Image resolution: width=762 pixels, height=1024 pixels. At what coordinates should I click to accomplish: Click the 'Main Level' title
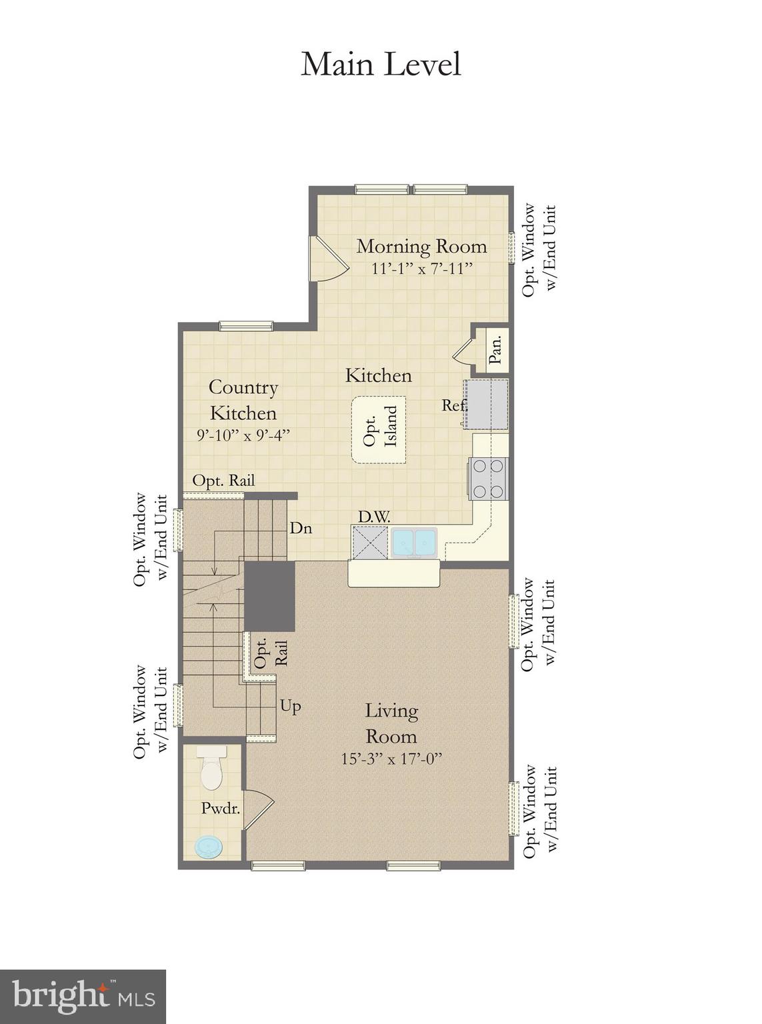tap(381, 65)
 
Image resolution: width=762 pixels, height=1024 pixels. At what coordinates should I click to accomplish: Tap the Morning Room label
tap(421, 246)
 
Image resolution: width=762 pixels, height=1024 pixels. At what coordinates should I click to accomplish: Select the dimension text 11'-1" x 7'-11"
tap(421, 268)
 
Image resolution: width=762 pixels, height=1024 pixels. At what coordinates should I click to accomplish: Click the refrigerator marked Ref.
tap(486, 405)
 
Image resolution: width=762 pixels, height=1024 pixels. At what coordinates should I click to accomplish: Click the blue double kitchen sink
tap(414, 542)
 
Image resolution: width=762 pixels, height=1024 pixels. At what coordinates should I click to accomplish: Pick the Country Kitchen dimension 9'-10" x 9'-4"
tap(243, 435)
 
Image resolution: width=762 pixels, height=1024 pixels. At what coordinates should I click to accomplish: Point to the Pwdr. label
tap(221, 808)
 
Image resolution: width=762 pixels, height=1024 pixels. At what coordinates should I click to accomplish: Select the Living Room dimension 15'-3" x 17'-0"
tap(391, 759)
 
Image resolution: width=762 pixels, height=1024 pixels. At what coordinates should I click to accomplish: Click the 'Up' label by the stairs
tap(290, 706)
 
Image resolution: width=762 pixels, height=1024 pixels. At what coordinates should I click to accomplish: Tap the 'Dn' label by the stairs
tap(301, 528)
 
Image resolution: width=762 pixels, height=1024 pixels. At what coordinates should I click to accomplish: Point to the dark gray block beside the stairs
tap(269, 595)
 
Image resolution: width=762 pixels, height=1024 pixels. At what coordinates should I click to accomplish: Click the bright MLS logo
tap(83, 997)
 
